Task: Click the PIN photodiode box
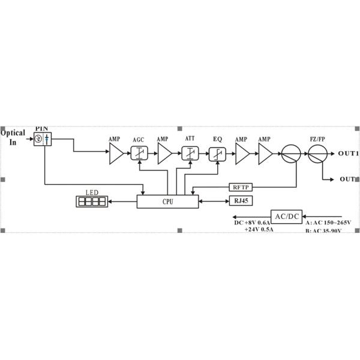click(44, 139)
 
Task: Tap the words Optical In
click(13, 137)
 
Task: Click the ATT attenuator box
click(190, 154)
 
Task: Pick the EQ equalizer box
click(217, 154)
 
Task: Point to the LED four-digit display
click(92, 202)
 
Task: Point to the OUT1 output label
click(348, 154)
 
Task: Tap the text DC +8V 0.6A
click(253, 223)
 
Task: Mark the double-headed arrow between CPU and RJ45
click(212, 202)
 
